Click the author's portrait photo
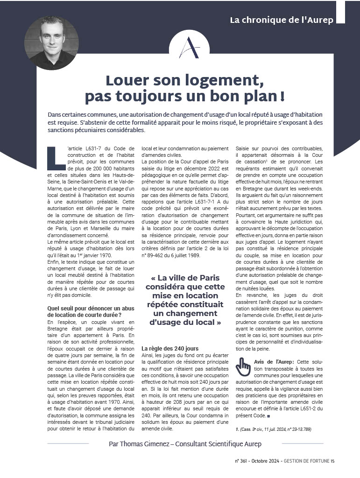point(51,43)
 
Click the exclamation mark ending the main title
point(282,97)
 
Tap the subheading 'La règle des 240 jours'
point(169,348)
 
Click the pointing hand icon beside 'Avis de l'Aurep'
point(243,367)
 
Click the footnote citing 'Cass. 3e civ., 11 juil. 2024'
point(274,429)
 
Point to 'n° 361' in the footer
point(243,461)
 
